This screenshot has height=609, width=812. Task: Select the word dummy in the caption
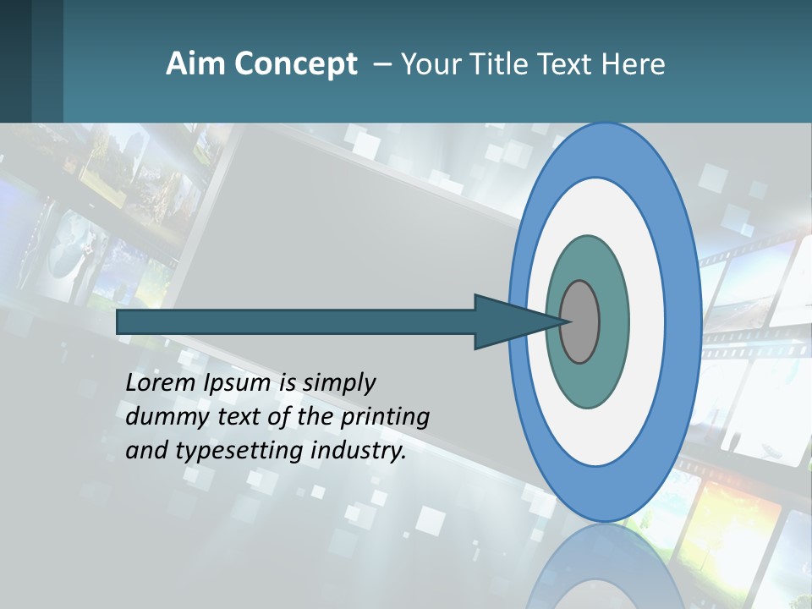(x=162, y=417)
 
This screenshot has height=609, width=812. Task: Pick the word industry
(x=359, y=451)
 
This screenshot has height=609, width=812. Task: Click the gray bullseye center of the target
(x=580, y=322)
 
